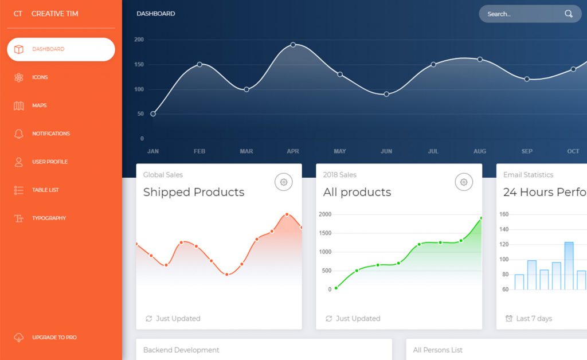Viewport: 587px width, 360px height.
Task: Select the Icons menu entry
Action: tap(40, 77)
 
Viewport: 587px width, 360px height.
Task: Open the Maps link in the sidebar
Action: tap(39, 105)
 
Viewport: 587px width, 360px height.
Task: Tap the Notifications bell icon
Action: tap(19, 134)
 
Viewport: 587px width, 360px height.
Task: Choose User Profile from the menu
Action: tap(49, 162)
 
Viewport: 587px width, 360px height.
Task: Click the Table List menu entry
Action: tap(45, 190)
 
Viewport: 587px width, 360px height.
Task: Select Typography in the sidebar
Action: tap(49, 218)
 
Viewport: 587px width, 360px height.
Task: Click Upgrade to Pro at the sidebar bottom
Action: tap(54, 338)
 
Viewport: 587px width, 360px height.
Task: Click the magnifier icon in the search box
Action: tap(569, 14)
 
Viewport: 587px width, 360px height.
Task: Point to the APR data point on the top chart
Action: tap(293, 45)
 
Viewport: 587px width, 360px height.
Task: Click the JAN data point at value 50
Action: tap(153, 114)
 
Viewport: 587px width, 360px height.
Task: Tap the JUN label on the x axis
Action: tap(386, 151)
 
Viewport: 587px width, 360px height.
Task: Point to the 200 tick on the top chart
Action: tap(139, 40)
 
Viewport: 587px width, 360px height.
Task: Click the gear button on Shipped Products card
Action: tap(283, 182)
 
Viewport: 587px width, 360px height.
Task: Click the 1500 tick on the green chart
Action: tap(325, 233)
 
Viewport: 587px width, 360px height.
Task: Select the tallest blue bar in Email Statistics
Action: tap(569, 265)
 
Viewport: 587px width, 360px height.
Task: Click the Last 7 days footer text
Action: tap(534, 319)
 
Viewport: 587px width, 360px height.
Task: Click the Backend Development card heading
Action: tap(181, 350)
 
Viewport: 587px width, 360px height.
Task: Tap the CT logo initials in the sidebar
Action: tap(18, 13)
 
